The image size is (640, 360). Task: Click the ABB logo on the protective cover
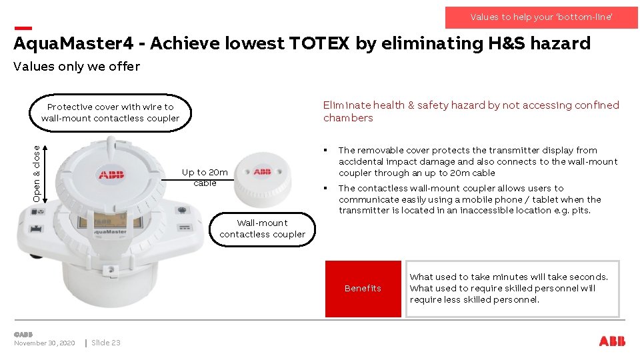click(x=111, y=175)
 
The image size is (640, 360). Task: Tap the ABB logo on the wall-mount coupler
click(x=263, y=172)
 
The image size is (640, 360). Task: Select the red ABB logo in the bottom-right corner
click(x=612, y=341)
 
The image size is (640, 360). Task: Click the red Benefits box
click(x=363, y=289)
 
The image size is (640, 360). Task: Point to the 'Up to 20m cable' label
click(x=205, y=177)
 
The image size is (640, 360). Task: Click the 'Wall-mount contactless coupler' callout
click(x=263, y=229)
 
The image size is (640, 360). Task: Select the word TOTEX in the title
click(x=319, y=44)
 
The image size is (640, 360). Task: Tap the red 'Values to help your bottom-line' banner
click(x=541, y=17)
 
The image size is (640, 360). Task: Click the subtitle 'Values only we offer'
click(x=77, y=66)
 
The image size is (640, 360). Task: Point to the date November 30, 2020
click(x=45, y=343)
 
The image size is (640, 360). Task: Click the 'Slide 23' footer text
click(x=106, y=343)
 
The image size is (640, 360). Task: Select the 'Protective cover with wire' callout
click(x=111, y=113)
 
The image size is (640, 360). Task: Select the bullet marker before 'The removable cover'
click(x=325, y=151)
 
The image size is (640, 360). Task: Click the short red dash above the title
click(x=23, y=28)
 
